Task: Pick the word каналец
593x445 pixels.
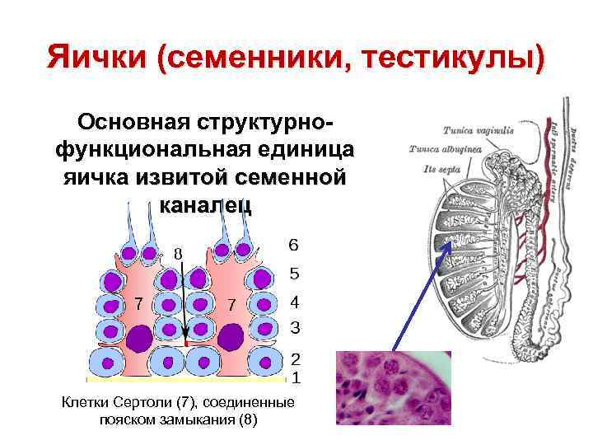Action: pos(207,204)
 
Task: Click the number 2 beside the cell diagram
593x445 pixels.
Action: pos(295,360)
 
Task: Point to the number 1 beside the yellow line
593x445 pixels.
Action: pos(295,379)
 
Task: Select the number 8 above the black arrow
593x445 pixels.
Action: pos(177,253)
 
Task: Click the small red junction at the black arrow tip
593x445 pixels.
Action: pos(187,342)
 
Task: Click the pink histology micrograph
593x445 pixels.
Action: pos(393,388)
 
